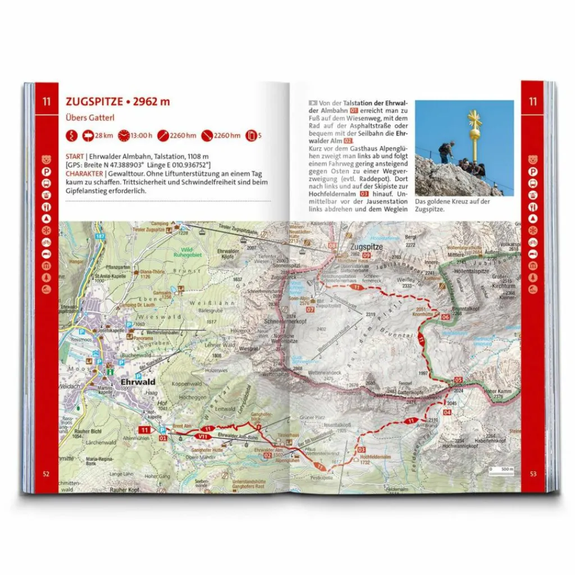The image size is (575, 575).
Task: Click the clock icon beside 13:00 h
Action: (x=122, y=135)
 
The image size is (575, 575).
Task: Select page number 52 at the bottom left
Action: (x=46, y=473)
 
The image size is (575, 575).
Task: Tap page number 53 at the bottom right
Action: (x=532, y=473)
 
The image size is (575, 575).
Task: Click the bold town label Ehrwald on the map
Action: (x=138, y=382)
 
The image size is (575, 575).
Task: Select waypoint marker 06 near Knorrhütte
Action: (x=445, y=317)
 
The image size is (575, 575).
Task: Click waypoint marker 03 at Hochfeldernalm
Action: (x=362, y=450)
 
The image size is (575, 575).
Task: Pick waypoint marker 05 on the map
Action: (x=458, y=380)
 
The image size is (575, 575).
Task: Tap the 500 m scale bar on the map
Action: (x=503, y=469)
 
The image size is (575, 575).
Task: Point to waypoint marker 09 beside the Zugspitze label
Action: (x=366, y=255)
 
